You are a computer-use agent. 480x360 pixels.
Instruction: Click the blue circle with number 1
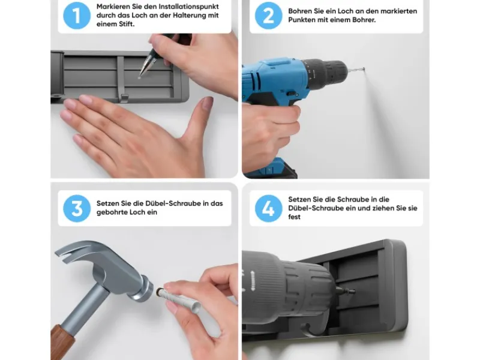77,16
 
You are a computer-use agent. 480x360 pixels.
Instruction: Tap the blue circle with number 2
268,16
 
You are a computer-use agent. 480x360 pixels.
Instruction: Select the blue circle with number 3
77,208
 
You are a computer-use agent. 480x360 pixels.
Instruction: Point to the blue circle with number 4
268,208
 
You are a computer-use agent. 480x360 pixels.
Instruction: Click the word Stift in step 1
126,24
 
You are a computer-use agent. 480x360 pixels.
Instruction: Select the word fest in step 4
294,217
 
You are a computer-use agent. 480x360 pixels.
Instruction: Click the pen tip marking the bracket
140,77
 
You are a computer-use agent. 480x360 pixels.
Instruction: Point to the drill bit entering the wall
356,70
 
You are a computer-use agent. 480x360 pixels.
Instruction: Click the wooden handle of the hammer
62,342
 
